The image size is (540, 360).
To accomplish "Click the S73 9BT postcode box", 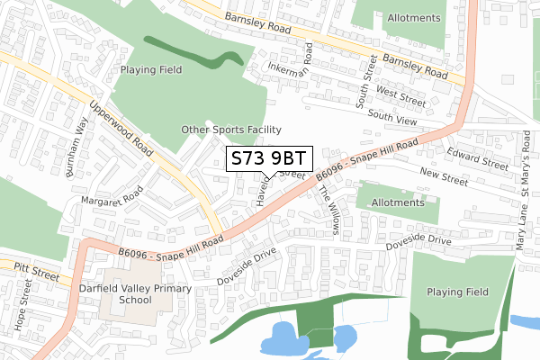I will pos(268,158).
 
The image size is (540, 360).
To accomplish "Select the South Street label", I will pos(366,83).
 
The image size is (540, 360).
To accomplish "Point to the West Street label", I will pos(400,92).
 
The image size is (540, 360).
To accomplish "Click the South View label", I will pos(393,116).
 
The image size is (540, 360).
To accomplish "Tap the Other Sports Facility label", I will pos(231,130).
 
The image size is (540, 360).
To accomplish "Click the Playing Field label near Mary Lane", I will pos(456,292).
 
